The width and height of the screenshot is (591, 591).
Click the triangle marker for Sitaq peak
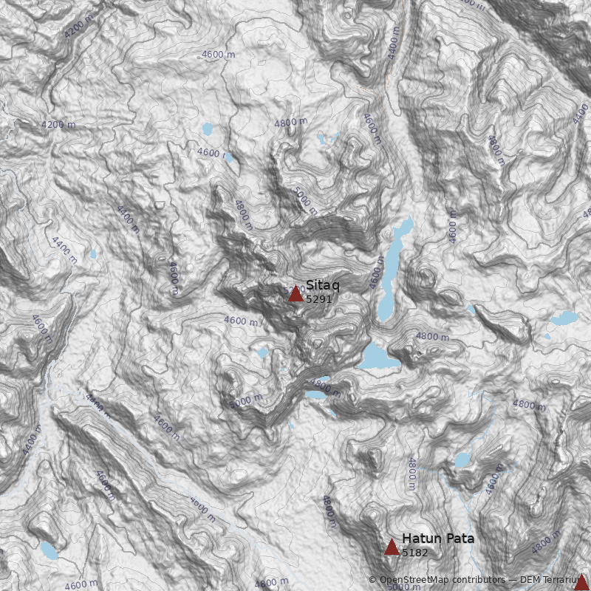click(295, 294)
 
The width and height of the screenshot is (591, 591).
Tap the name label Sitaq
click(323, 285)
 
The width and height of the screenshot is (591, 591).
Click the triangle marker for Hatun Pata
click(392, 547)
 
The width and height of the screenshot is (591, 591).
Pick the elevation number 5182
click(414, 553)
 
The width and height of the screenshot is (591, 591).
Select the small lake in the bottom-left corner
click(49, 550)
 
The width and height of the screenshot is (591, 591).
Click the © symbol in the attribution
click(372, 580)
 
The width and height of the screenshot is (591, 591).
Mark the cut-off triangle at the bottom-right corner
click(582, 583)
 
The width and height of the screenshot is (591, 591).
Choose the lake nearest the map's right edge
click(565, 318)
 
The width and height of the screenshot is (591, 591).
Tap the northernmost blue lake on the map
click(208, 130)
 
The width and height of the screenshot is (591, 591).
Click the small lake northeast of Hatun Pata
click(462, 460)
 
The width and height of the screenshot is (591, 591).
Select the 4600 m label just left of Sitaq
click(242, 321)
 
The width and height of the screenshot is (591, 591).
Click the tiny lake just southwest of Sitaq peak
click(262, 352)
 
